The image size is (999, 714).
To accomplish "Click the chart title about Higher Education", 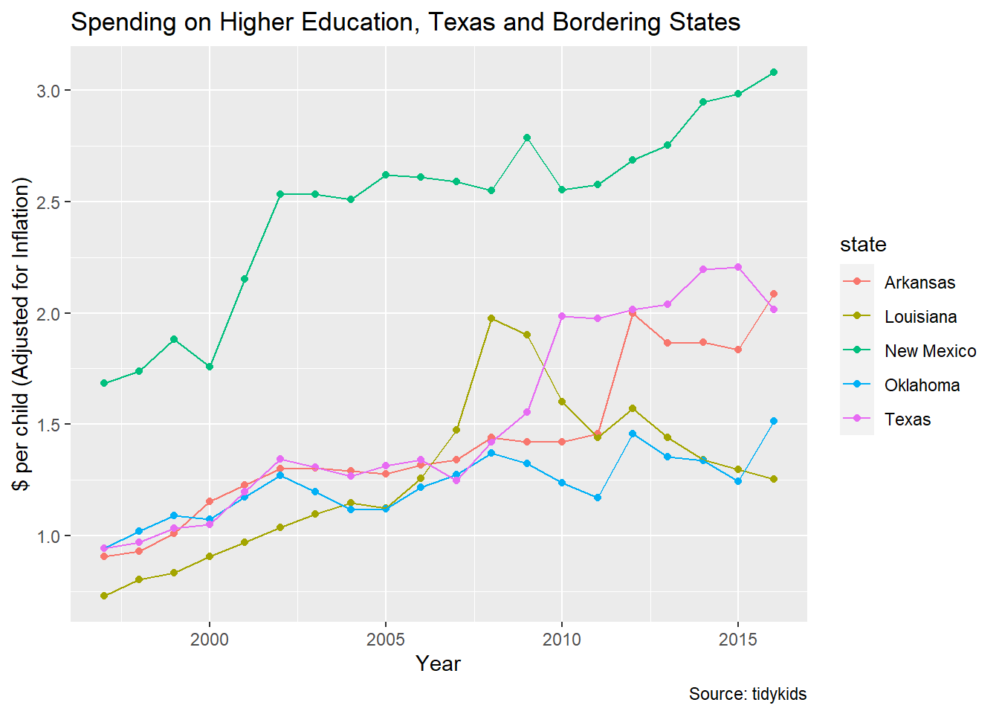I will [405, 22].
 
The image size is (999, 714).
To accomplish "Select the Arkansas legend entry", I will [919, 283].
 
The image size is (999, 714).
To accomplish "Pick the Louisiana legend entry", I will [920, 317].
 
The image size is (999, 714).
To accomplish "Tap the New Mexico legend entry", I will [930, 351].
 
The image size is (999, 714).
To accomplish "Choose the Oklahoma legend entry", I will [922, 385].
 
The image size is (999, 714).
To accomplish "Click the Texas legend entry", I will [908, 419].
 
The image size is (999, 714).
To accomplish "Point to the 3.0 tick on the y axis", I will [48, 91].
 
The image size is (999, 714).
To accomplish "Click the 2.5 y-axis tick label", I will [48, 202].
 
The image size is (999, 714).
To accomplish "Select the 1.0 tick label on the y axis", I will [48, 536].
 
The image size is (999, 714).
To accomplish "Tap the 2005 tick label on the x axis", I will [386, 640].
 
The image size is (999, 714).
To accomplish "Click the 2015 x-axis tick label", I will [738, 640].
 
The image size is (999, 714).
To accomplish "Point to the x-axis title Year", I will [439, 663].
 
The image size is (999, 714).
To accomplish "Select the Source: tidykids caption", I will [747, 694].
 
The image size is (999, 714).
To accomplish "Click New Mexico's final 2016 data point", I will [774, 72].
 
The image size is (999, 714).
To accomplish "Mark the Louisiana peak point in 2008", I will [491, 318].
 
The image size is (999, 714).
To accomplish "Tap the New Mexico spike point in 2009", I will [527, 138].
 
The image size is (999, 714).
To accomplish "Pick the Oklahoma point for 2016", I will [774, 421].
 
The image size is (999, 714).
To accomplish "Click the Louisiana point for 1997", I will [104, 596].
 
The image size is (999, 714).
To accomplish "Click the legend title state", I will [863, 245].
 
